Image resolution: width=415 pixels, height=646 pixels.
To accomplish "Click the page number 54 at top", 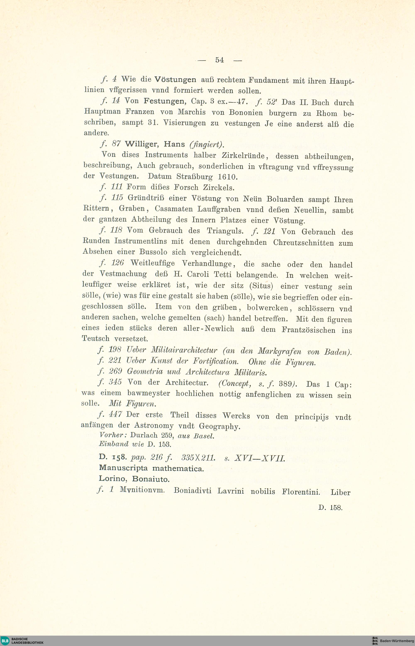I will pyautogui.click(x=219, y=60).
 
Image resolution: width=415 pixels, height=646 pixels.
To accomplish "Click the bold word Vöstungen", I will pyautogui.click(x=175, y=79).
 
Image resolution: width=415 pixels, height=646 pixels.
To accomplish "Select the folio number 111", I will pyautogui.click(x=117, y=187).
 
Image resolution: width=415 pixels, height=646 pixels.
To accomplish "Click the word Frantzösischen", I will pyautogui.click(x=308, y=330).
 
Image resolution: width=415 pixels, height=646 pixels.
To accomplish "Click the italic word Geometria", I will pyautogui.click(x=145, y=372).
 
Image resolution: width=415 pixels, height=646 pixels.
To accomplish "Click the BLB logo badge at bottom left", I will pyautogui.click(x=5, y=640).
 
